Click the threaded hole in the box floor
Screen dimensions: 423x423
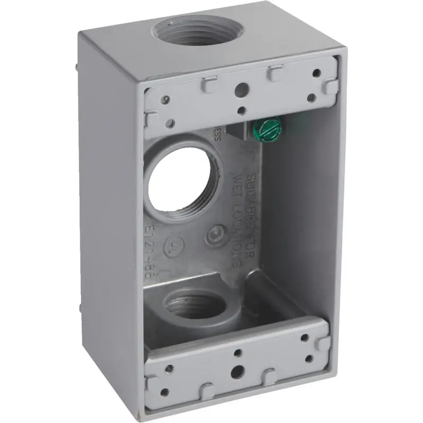pyautogui.click(x=189, y=305)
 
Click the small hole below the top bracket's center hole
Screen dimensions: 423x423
pyautogui.click(x=241, y=111)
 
